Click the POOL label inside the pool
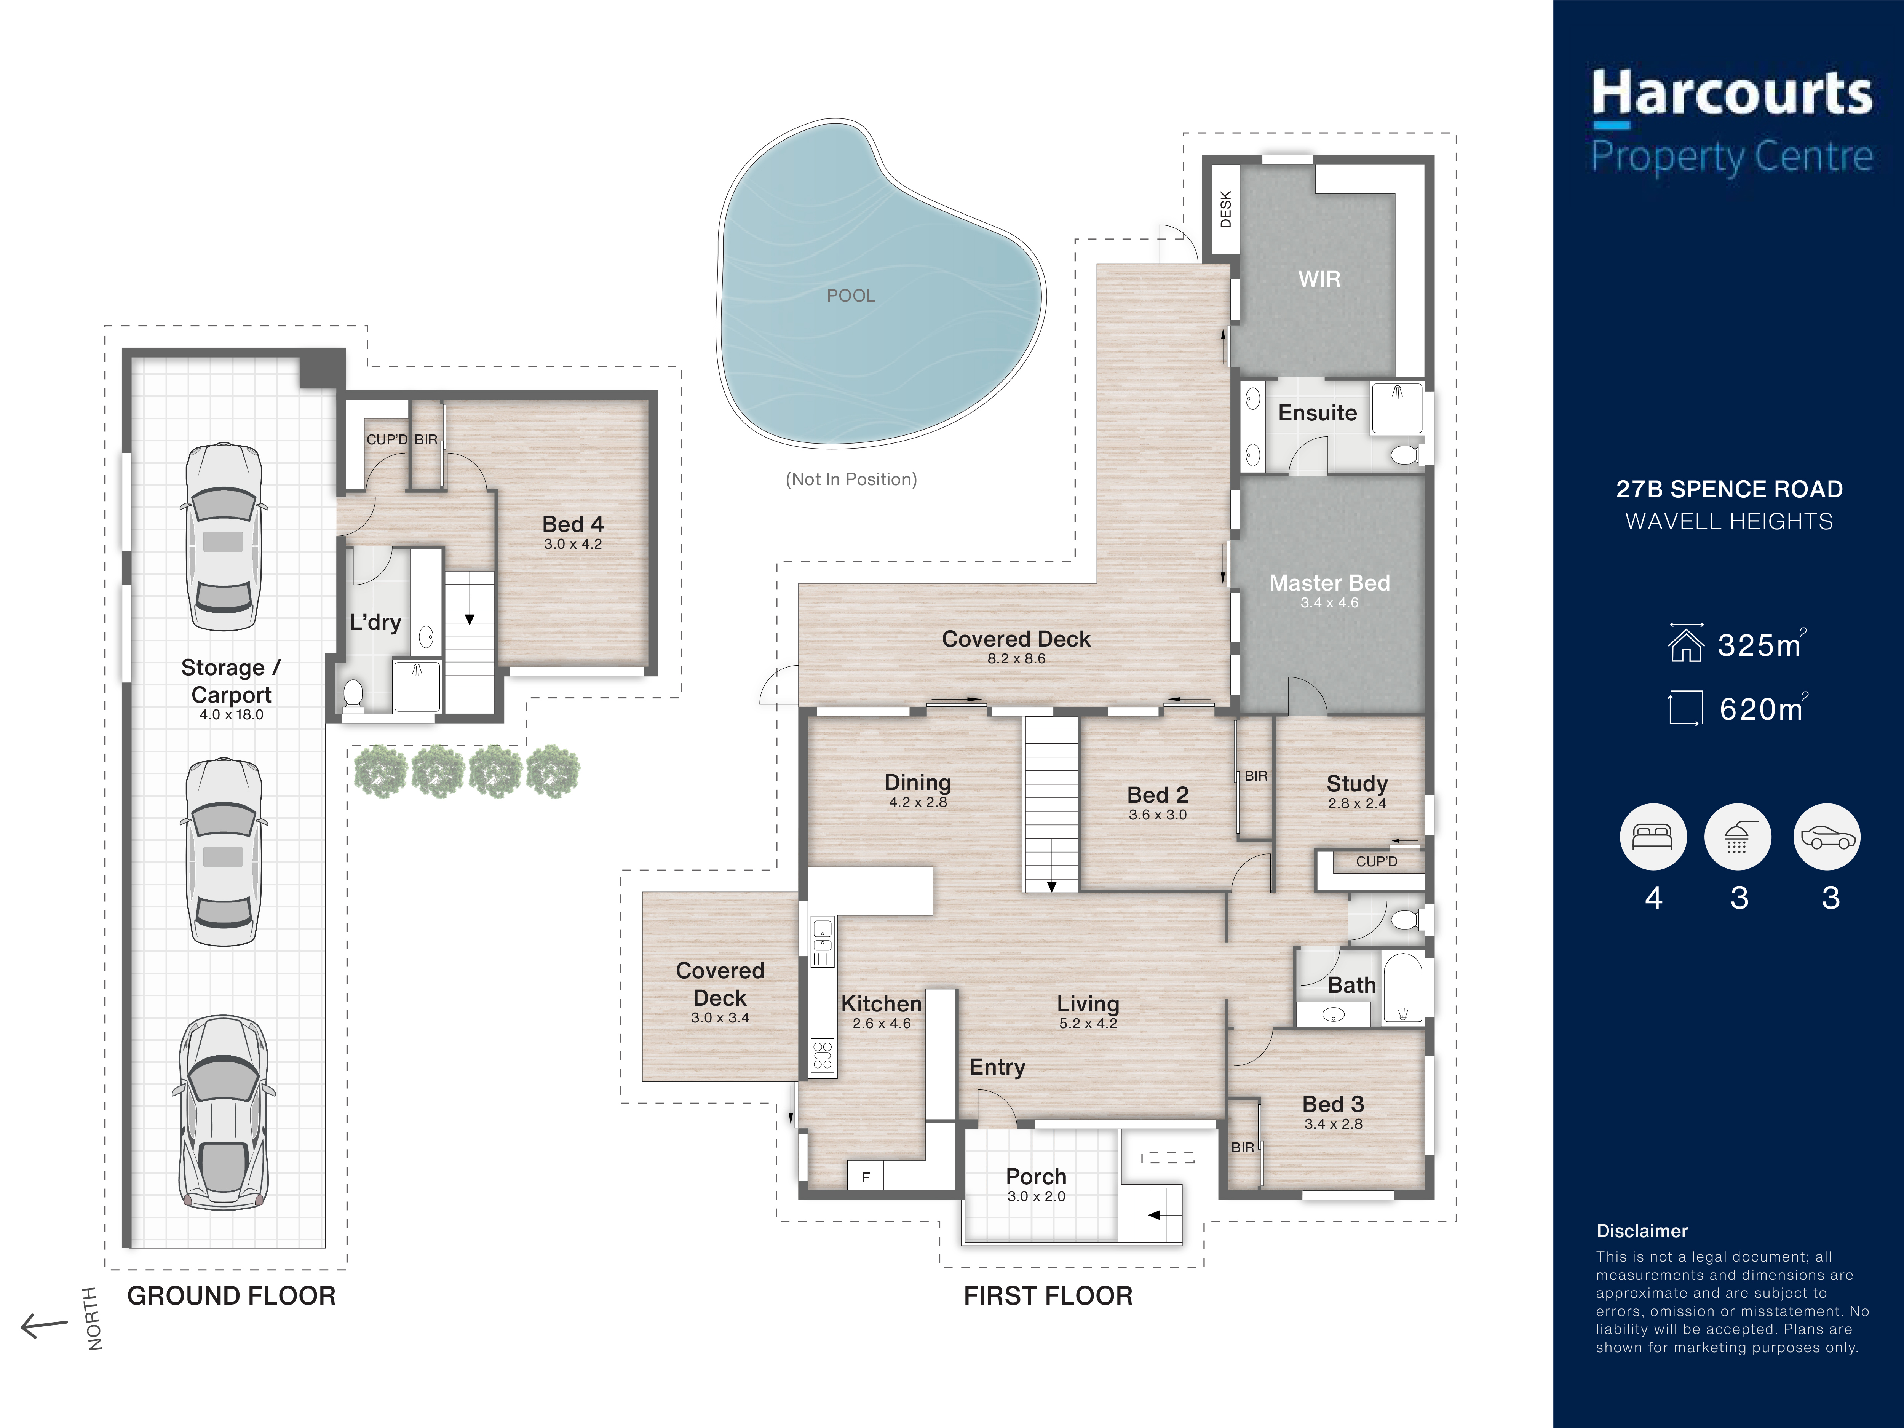[x=850, y=295]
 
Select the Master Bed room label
[x=1329, y=583]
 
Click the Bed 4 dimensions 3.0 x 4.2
[x=572, y=544]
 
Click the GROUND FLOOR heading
[x=231, y=1295]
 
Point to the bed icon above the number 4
[x=1653, y=837]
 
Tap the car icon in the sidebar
[x=1827, y=837]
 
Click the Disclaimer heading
[x=1642, y=1231]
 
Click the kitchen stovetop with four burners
[x=822, y=1055]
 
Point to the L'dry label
[x=375, y=622]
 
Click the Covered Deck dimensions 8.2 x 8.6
[x=1016, y=658]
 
